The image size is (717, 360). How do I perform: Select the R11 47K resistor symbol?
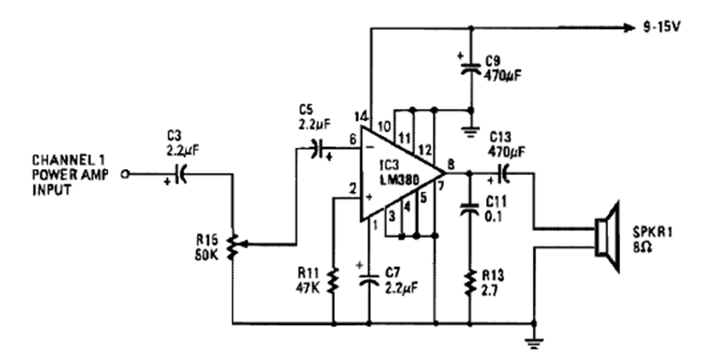pyautogui.click(x=332, y=279)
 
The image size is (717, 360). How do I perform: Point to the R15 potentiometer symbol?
pyautogui.click(x=232, y=245)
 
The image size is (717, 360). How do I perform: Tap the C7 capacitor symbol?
pyautogui.click(x=368, y=279)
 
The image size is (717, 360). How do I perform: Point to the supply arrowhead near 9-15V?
pyautogui.click(x=628, y=26)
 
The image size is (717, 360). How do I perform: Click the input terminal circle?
pyautogui.click(x=126, y=173)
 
